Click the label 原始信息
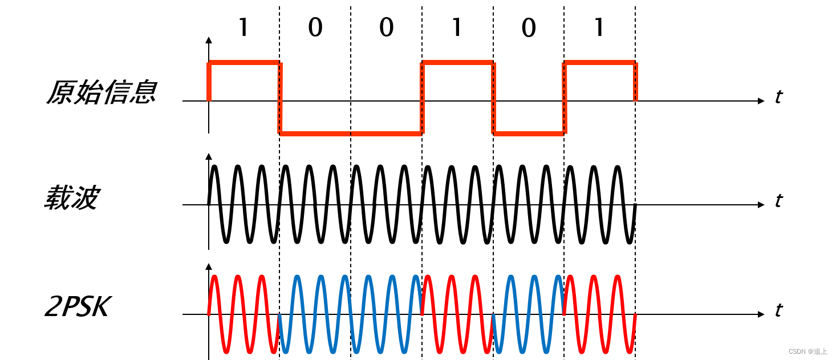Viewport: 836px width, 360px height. click(x=102, y=92)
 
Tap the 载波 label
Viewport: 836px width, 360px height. click(x=72, y=197)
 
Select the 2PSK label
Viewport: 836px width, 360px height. click(x=78, y=307)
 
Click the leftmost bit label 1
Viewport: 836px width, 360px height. click(x=244, y=27)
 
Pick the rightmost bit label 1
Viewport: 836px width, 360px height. click(x=599, y=27)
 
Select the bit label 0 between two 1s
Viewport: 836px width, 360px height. click(x=529, y=27)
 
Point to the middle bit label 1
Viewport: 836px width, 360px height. click(x=457, y=27)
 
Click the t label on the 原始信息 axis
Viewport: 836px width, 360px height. click(x=778, y=97)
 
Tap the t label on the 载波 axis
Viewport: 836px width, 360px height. click(x=778, y=201)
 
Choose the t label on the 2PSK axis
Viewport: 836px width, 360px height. click(x=778, y=310)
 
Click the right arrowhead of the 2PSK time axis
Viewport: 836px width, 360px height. click(x=761, y=314)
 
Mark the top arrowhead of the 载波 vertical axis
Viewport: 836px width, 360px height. click(x=209, y=156)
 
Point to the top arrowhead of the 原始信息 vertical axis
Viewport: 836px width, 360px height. click(x=209, y=41)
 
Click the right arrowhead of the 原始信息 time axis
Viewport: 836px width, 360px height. click(x=761, y=101)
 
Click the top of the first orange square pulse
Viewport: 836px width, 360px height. click(x=244, y=62)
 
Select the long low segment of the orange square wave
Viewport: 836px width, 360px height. click(x=351, y=134)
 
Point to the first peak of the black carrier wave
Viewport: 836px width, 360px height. click(x=214, y=167)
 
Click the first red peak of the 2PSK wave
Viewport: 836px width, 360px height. click(x=214, y=277)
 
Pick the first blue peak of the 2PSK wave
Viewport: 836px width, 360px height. click(x=297, y=277)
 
